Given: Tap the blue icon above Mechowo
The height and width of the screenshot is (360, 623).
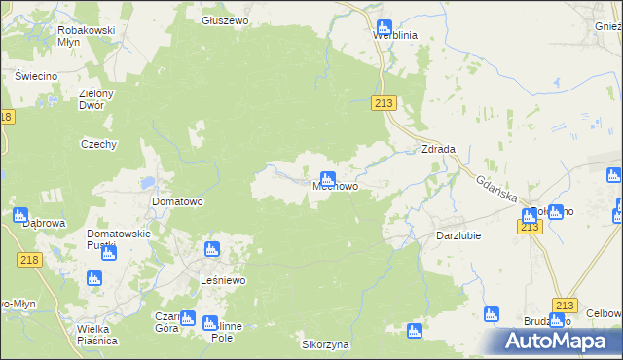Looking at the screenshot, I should click(328, 178).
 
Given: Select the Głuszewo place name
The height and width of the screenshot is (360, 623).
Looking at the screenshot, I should click(226, 19).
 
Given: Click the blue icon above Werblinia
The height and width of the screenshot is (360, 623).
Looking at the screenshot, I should click(383, 27).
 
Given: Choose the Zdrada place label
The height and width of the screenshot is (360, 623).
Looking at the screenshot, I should click(438, 149).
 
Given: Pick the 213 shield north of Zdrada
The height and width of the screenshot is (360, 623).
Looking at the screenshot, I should click(385, 104).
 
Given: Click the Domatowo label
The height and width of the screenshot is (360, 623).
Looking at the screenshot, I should click(177, 202).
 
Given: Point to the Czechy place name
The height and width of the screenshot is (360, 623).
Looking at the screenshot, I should click(98, 144).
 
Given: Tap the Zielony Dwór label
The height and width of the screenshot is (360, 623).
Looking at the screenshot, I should click(97, 99).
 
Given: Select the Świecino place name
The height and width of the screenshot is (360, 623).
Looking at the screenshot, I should click(36, 75).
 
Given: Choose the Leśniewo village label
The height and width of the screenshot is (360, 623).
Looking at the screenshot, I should click(222, 280).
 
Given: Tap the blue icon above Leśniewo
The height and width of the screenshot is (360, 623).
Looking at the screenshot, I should click(209, 251).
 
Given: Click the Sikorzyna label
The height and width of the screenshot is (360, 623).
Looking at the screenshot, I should click(324, 344).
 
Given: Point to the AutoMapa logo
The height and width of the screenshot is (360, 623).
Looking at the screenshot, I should click(564, 341).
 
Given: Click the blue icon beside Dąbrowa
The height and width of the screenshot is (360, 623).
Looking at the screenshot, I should click(20, 215).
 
